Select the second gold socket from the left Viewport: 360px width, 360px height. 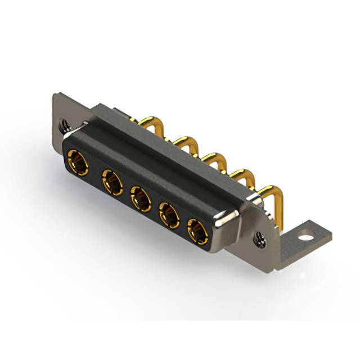click(x=111, y=183)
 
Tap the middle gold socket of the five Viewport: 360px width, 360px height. click(x=141, y=199)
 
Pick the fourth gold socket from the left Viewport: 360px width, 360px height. click(x=169, y=214)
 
